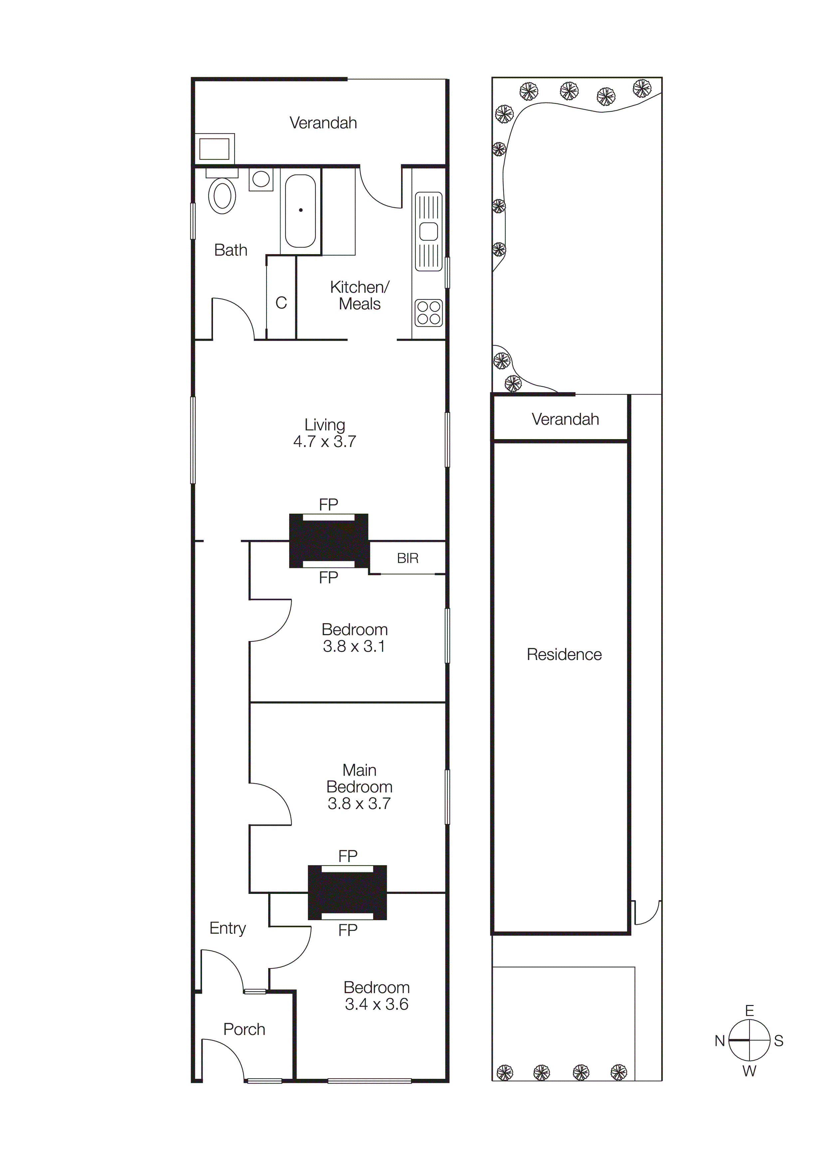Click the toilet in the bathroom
click(x=222, y=196)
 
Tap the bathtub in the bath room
click(x=301, y=211)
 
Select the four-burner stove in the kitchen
click(x=429, y=313)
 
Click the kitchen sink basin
click(x=429, y=232)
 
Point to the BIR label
click(x=408, y=558)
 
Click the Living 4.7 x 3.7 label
click(x=325, y=433)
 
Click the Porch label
click(x=244, y=1029)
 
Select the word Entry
click(x=227, y=928)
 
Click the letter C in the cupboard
click(x=281, y=303)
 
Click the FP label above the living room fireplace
click(x=328, y=504)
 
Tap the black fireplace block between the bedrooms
click(x=347, y=893)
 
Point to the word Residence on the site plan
click(x=564, y=655)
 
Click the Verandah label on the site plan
click(x=565, y=419)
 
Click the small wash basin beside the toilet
click(x=261, y=179)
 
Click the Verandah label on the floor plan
click(x=323, y=123)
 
